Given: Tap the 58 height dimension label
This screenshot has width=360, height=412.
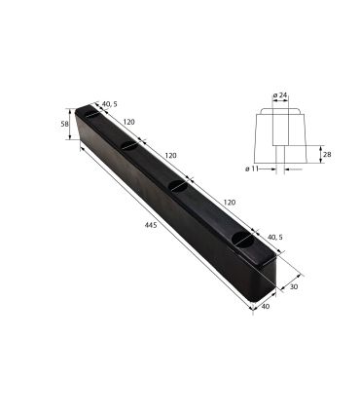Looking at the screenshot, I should pyautogui.click(x=65, y=124).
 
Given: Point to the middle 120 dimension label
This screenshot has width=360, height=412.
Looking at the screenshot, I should pyautogui.click(x=171, y=156).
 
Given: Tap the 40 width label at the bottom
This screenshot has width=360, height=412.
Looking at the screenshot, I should pyautogui.click(x=266, y=308).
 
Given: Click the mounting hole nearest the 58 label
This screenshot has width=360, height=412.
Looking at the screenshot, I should pyautogui.click(x=91, y=115).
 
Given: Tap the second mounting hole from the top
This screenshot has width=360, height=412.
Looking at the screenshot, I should pyautogui.click(x=129, y=146).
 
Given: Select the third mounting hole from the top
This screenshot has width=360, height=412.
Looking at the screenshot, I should pyautogui.click(x=177, y=185).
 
